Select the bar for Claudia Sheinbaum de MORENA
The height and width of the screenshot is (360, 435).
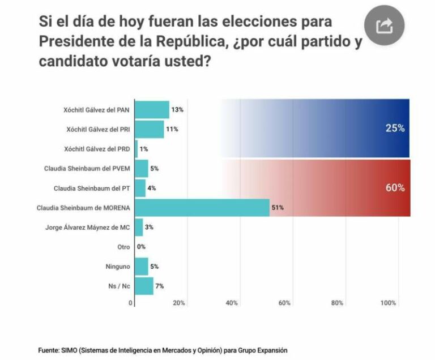[x=201, y=208]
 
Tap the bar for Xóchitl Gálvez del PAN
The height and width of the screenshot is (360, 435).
[x=152, y=109]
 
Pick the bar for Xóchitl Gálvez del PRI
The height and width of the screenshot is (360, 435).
[x=149, y=129]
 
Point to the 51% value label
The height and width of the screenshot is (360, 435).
[x=278, y=208]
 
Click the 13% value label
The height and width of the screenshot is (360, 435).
[x=177, y=109]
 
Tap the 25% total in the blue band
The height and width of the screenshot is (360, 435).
[x=395, y=128]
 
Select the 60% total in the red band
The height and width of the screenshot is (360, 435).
[x=395, y=188]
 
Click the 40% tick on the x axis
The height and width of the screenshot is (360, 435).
[x=232, y=303]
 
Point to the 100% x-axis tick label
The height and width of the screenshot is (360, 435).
[x=388, y=303]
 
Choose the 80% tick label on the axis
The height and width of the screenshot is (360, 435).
[x=338, y=303]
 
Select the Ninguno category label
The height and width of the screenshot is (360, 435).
[x=117, y=266]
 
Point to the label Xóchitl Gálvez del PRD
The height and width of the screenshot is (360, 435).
[x=93, y=149]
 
